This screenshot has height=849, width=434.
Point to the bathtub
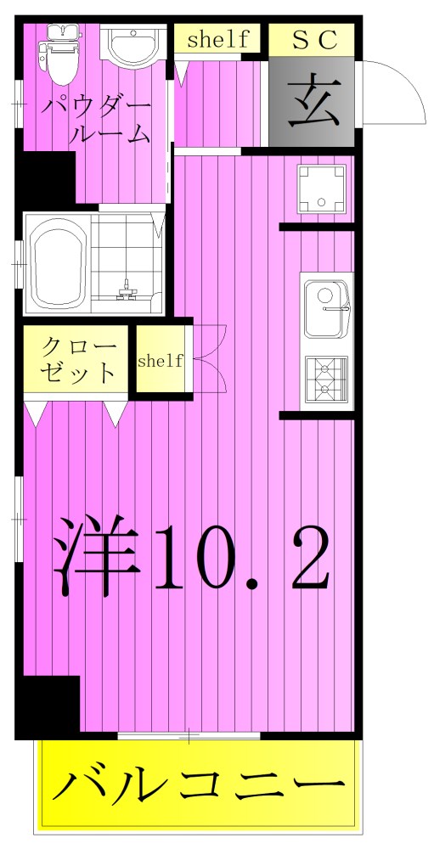tap(58, 264)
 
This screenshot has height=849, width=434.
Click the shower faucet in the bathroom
tap(128, 290)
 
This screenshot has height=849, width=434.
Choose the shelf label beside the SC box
tap(217, 39)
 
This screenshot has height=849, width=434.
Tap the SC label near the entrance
tap(311, 39)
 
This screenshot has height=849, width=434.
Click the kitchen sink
tap(326, 306)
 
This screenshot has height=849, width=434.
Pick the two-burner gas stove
tap(326, 378)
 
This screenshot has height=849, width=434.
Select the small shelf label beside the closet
tap(160, 361)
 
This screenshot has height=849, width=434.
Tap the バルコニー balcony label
tap(200, 786)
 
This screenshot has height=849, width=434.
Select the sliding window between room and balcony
tap(189, 735)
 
